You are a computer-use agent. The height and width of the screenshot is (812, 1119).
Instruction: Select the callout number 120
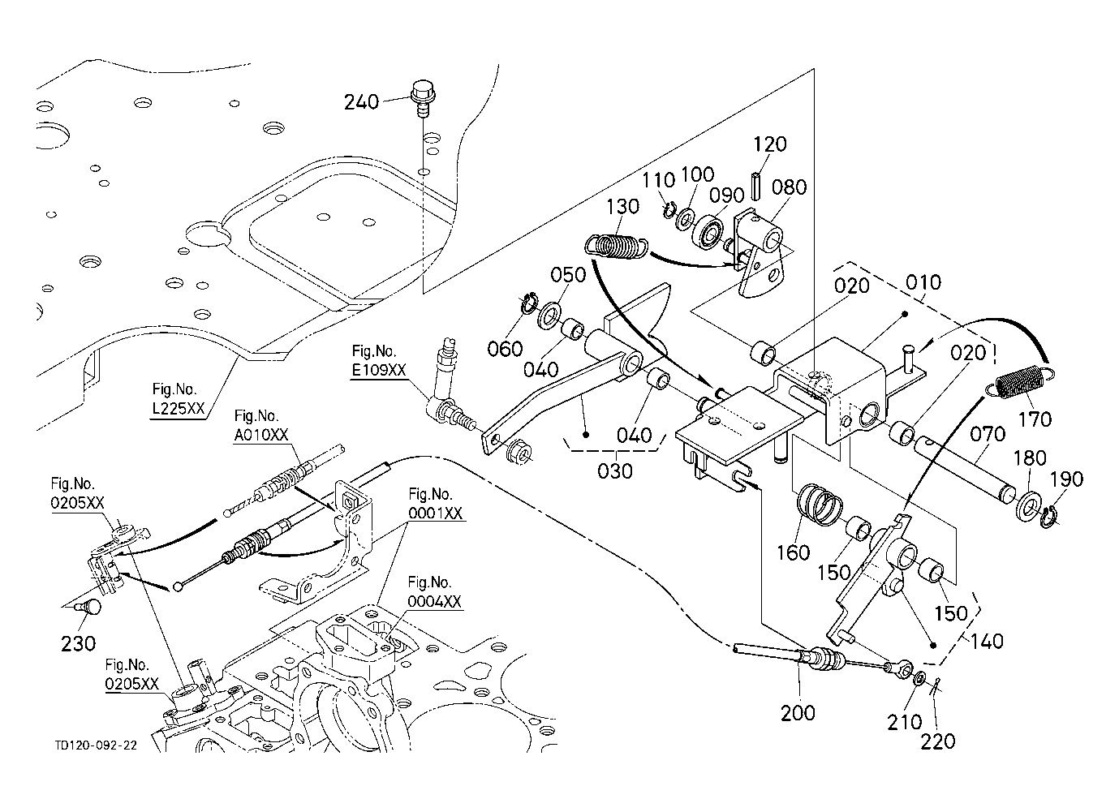coord(769,144)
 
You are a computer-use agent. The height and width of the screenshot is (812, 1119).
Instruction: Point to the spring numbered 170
coord(1022,380)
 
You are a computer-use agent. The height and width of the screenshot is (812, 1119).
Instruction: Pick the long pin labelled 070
coord(966,468)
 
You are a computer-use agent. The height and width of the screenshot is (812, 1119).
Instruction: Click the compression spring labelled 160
coord(818,505)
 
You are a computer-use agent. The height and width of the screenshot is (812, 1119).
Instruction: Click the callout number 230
coord(78,643)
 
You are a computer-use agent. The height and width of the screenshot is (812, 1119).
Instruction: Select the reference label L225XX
coord(178,408)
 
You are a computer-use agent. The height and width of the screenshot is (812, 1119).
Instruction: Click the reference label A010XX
coord(261,436)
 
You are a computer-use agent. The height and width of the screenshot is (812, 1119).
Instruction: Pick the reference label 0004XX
coord(434,601)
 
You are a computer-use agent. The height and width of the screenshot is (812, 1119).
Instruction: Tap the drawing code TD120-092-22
coord(95,743)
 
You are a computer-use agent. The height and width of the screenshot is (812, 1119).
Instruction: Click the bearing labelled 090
coord(708,230)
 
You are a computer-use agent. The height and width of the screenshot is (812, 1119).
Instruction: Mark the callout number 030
coord(614,470)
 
